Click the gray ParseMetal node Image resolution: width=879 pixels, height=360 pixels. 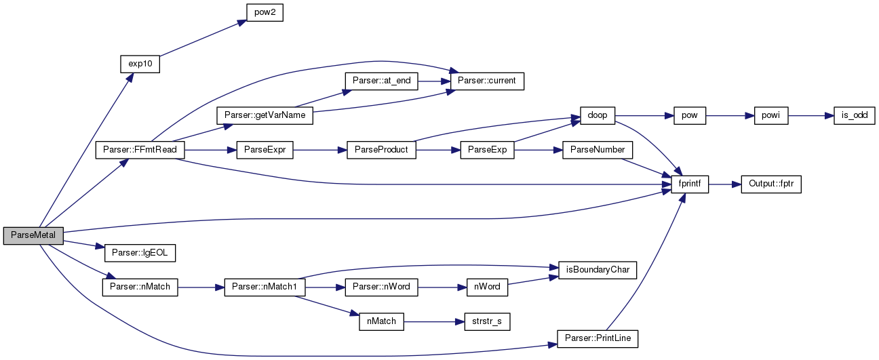click(33, 236)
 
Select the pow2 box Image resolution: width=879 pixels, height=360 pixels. click(265, 13)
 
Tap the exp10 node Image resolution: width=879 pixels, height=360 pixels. click(140, 64)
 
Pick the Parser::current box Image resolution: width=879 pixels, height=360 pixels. click(487, 81)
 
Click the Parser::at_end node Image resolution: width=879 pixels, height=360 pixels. click(381, 81)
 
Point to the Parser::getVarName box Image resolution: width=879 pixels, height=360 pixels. click(265, 116)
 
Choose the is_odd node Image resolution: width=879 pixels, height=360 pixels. click(855, 116)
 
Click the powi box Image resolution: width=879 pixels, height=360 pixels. click(771, 116)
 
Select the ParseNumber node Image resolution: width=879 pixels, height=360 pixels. click(598, 151)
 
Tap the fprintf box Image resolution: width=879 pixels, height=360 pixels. click(690, 184)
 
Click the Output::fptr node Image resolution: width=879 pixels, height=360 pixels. click(771, 184)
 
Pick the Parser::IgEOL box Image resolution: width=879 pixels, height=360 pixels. click(140, 253)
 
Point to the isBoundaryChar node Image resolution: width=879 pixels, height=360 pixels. click(598, 271)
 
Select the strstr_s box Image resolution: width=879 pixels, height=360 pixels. click(487, 322)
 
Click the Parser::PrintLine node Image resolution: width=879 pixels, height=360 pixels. click(598, 339)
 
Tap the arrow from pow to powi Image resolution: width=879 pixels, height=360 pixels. click(730, 116)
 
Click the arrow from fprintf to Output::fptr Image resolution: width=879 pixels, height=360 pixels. click(725, 184)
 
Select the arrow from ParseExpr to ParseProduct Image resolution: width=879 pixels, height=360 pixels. click(320, 151)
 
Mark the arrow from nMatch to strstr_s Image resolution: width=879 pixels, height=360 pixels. click(434, 322)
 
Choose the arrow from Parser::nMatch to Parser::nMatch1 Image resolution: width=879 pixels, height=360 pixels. click(201, 287)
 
